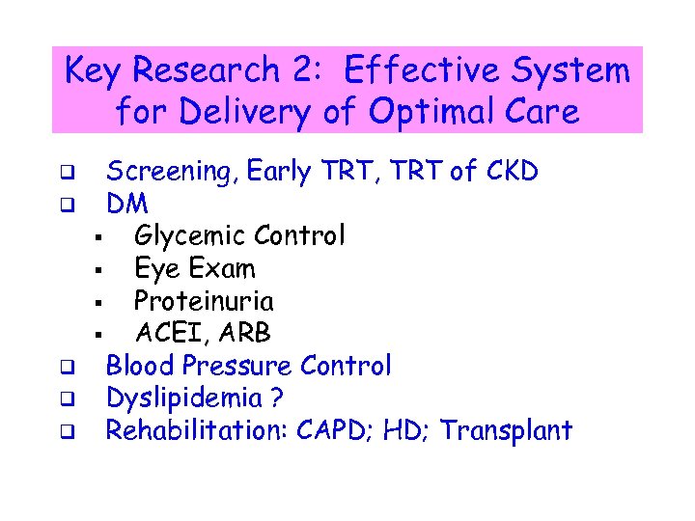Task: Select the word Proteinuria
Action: [x=204, y=301]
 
